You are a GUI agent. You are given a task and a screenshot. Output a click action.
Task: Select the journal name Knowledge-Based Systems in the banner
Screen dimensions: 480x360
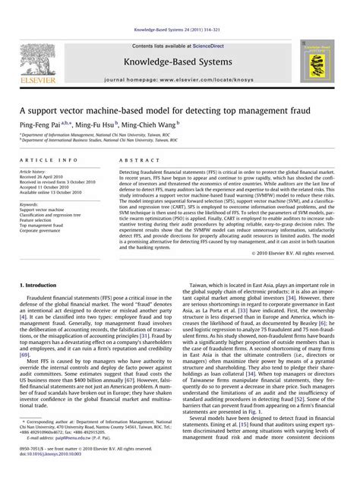pos(179,59)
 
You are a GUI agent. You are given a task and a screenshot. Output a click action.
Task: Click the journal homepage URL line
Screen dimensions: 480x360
pos(178,79)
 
